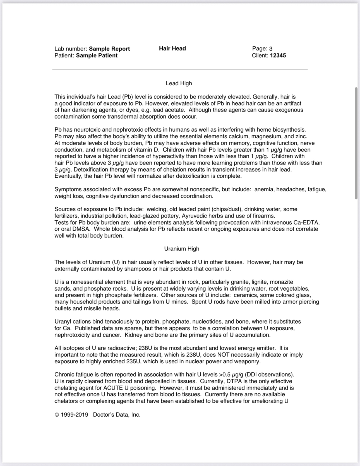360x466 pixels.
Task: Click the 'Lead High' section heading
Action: pyautogui.click(x=179, y=83)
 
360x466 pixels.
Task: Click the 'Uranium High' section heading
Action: pyautogui.click(x=182, y=249)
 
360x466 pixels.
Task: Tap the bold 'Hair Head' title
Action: pyautogui.click(x=172, y=49)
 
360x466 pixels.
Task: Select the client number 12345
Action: pyautogui.click(x=278, y=55)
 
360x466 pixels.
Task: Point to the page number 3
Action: pyautogui.click(x=271, y=49)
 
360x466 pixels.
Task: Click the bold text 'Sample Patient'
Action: pyautogui.click(x=97, y=55)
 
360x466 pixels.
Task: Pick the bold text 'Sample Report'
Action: pyautogui.click(x=109, y=49)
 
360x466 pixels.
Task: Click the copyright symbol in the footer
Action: pyautogui.click(x=57, y=415)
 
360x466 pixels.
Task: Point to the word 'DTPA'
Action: pyautogui.click(x=234, y=381)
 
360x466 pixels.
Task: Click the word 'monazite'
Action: pyautogui.click(x=282, y=282)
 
